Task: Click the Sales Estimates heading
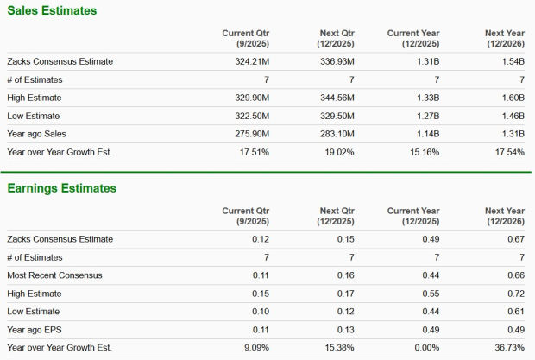pos(52,10)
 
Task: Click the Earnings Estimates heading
pos(61,188)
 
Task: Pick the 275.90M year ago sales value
pos(250,134)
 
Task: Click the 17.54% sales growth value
pos(507,152)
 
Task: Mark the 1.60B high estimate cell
pos(512,98)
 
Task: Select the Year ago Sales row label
pos(36,134)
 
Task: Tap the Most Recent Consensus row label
pos(54,275)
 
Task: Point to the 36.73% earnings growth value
pos(507,347)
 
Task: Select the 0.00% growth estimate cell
pos(425,347)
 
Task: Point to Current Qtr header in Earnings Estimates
pos(249,215)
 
